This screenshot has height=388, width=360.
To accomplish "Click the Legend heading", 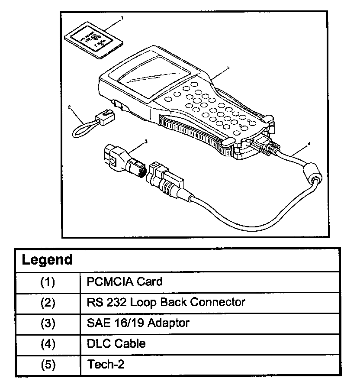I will [47, 260].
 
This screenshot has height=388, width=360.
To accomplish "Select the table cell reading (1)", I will [48, 282].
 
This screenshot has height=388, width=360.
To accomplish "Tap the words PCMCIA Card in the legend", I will [125, 282].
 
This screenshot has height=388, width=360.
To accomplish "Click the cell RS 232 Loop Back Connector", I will [166, 302].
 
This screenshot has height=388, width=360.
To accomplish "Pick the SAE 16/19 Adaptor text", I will [138, 323].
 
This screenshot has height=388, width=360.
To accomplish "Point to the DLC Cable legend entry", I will [116, 344].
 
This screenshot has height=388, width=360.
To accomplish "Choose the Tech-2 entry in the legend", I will [106, 365].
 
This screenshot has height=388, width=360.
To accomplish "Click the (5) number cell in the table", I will [48, 365].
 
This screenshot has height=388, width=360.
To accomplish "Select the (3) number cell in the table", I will [48, 323].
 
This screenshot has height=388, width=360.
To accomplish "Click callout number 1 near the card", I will [122, 18].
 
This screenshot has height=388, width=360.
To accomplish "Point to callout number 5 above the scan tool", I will [228, 68].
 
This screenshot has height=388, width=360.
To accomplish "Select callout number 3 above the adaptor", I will [146, 141].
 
